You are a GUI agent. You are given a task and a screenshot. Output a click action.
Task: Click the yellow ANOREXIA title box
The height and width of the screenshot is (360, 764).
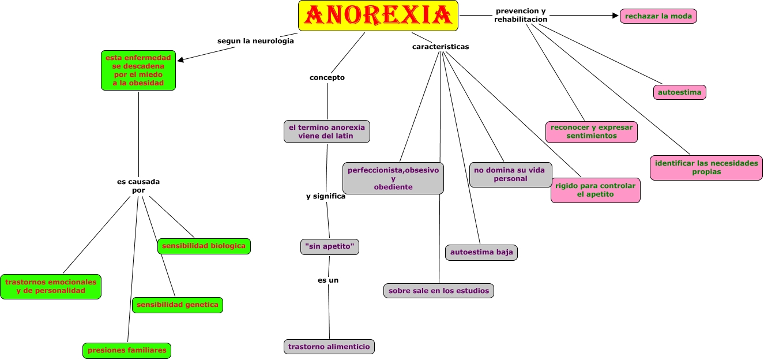(378, 16)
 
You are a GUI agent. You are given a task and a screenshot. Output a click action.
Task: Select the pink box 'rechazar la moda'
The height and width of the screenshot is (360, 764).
(658, 16)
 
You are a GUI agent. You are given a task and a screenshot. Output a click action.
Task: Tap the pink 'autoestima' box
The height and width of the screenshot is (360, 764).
(680, 92)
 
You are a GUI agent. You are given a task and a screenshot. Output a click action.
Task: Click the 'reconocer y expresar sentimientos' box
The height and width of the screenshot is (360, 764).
(591, 132)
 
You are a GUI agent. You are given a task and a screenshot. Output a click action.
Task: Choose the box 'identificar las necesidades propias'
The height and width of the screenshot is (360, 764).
(706, 167)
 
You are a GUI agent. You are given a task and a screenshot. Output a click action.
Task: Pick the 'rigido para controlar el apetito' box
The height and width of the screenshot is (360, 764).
(595, 190)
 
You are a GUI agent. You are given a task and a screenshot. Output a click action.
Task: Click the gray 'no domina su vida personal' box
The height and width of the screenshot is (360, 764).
(510, 174)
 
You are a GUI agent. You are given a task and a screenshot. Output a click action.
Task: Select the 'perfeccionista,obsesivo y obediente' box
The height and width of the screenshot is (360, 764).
(393, 178)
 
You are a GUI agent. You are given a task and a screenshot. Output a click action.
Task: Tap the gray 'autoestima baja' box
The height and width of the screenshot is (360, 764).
(481, 252)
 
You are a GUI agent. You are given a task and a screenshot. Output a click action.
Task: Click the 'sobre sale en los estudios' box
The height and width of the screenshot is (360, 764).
(438, 291)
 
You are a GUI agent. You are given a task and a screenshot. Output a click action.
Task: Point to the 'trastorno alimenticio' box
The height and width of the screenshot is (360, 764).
(329, 346)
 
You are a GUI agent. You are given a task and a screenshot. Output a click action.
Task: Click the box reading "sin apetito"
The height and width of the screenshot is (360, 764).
(330, 247)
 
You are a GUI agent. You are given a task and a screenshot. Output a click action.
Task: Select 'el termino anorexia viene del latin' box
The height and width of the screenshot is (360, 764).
(326, 132)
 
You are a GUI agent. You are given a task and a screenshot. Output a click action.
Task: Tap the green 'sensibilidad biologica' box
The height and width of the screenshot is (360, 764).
(204, 246)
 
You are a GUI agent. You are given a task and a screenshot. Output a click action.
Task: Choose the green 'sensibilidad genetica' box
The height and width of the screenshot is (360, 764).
(177, 305)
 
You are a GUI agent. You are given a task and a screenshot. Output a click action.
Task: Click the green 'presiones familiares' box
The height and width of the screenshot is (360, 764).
(127, 350)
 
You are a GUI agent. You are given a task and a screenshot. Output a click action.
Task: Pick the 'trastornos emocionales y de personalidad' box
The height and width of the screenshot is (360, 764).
(51, 286)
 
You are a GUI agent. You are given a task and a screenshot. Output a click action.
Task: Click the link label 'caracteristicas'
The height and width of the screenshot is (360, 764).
(441, 47)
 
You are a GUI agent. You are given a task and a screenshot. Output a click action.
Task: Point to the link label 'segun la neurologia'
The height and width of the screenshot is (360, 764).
(255, 41)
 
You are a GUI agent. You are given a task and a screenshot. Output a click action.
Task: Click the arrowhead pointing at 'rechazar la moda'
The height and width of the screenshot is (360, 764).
(615, 16)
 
